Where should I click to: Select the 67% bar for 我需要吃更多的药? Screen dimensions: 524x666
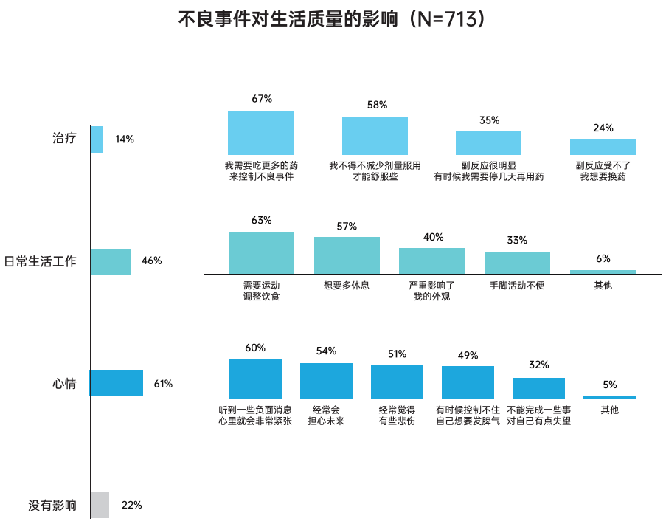point(261,131)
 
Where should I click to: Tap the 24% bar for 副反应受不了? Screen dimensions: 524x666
point(603,145)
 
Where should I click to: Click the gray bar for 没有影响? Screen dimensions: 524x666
point(100,505)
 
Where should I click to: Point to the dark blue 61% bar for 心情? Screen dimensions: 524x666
point(117,383)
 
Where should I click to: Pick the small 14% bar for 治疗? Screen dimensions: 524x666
point(97,139)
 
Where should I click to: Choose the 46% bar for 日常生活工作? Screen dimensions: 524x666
point(111,261)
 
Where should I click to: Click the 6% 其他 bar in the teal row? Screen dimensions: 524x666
point(603,272)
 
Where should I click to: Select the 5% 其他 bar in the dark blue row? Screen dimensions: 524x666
point(609,397)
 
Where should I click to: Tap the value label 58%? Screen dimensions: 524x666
point(377,105)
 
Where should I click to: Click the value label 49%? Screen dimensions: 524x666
point(468,355)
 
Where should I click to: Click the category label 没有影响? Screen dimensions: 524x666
point(52,506)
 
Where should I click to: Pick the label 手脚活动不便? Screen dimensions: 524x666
point(517,285)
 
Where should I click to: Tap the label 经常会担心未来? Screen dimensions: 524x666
point(326,416)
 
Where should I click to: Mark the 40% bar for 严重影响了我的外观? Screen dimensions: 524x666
point(431,261)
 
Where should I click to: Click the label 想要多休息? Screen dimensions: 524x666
point(347,285)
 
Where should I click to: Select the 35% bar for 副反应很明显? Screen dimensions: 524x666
point(488,142)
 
